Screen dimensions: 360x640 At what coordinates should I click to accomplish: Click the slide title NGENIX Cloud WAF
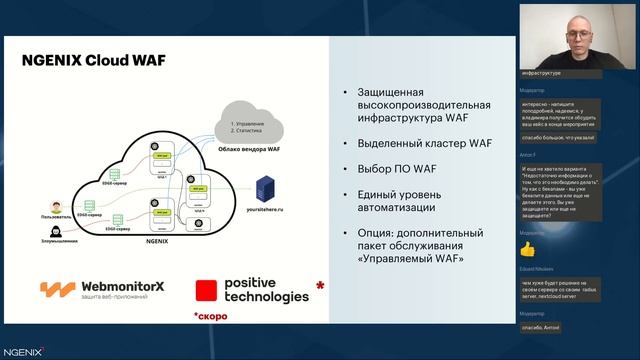click(x=94, y=60)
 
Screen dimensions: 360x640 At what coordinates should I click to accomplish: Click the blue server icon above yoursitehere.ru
click(x=267, y=186)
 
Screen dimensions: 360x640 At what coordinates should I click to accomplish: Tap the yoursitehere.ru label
click(x=266, y=212)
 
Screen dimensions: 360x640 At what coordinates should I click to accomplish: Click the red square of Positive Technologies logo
click(x=206, y=291)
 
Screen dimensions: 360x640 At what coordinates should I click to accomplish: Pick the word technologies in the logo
click(x=266, y=297)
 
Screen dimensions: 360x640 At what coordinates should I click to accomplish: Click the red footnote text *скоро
click(x=210, y=316)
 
